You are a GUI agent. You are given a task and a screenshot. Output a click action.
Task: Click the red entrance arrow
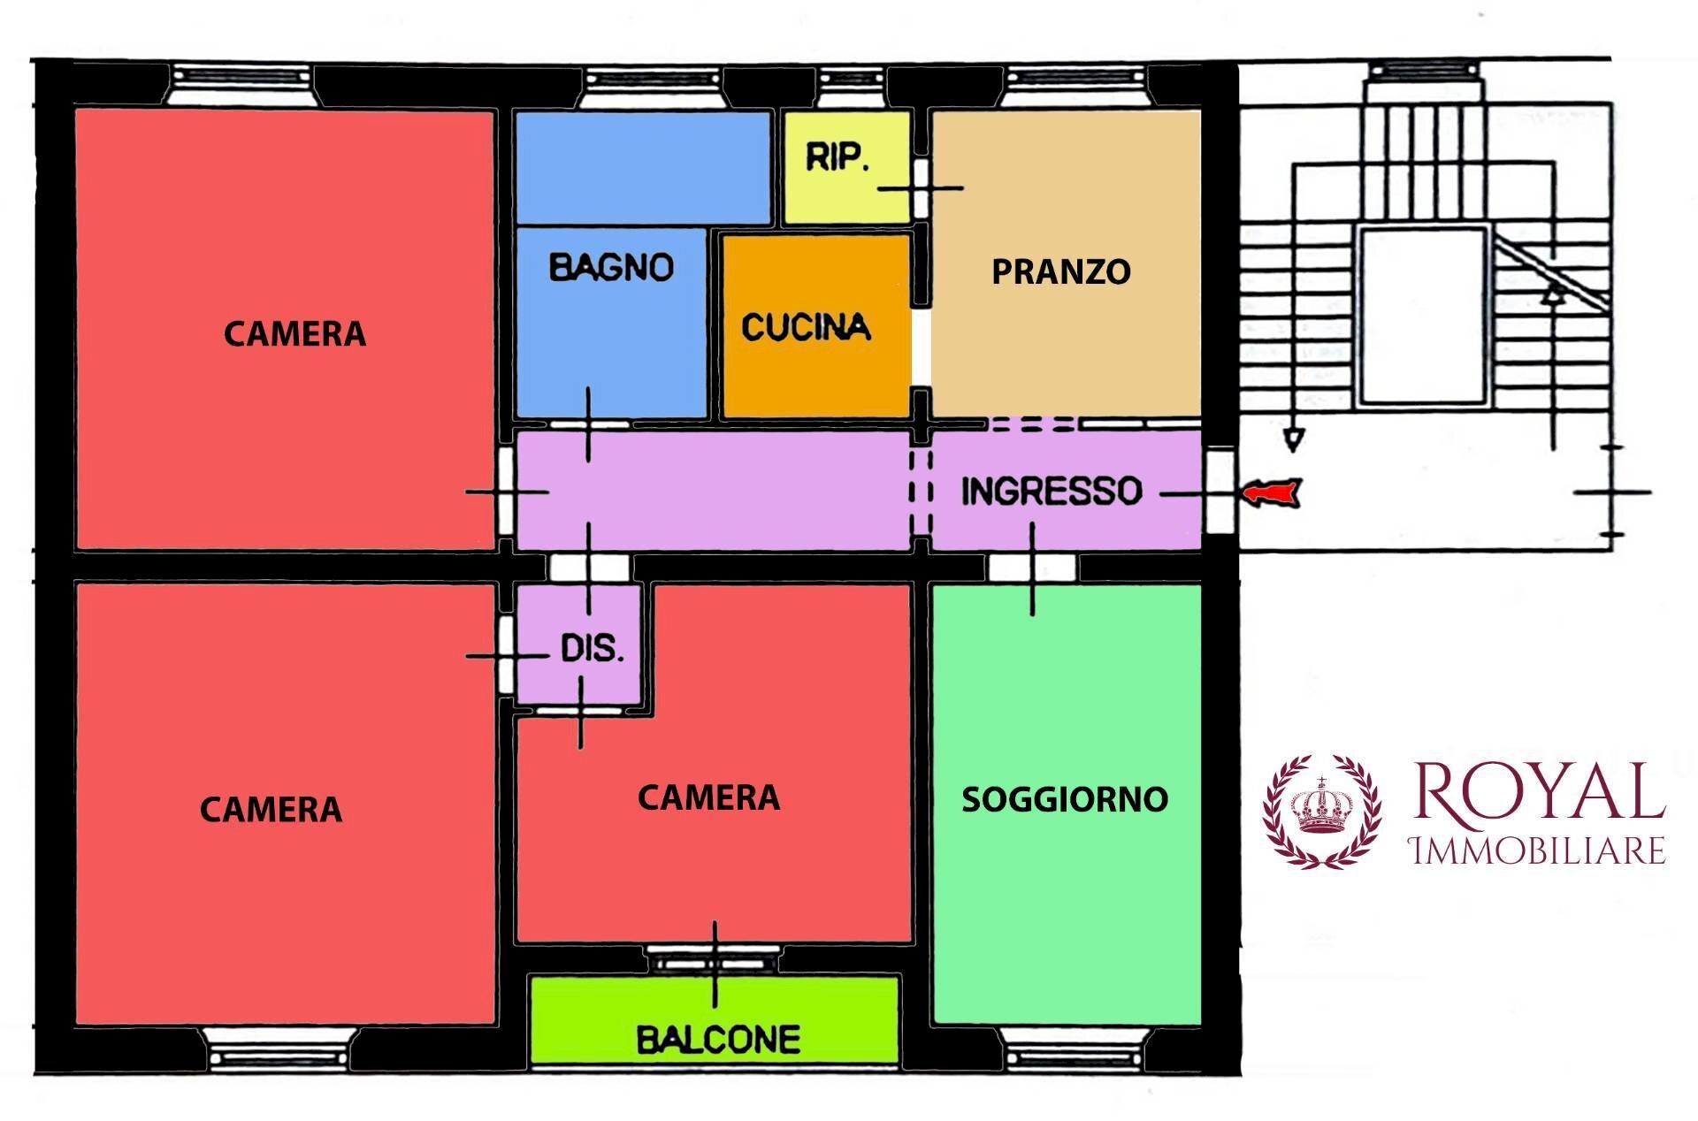(x=1272, y=492)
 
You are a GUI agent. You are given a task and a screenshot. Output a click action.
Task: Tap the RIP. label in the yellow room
(x=837, y=157)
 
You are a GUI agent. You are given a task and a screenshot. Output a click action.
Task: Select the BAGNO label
(x=611, y=267)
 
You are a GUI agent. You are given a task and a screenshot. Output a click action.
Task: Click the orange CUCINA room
(x=815, y=354)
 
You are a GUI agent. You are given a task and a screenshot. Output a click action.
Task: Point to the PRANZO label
(x=1060, y=271)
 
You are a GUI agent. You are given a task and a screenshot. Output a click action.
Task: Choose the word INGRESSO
(x=1052, y=491)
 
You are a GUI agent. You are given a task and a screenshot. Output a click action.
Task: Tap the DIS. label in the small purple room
(x=592, y=649)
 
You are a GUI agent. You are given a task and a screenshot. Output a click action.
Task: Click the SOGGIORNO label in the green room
(x=1065, y=799)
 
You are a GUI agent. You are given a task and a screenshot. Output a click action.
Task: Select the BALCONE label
(x=718, y=1040)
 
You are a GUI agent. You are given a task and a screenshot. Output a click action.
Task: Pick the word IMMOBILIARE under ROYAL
(x=1538, y=850)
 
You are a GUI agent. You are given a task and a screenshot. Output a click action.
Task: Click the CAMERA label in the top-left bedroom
(x=294, y=334)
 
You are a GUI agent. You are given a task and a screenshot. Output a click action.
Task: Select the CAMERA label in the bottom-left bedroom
(x=271, y=810)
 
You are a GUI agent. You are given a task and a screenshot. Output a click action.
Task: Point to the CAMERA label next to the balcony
(x=708, y=798)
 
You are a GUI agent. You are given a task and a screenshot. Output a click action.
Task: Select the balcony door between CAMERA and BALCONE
(x=715, y=960)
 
